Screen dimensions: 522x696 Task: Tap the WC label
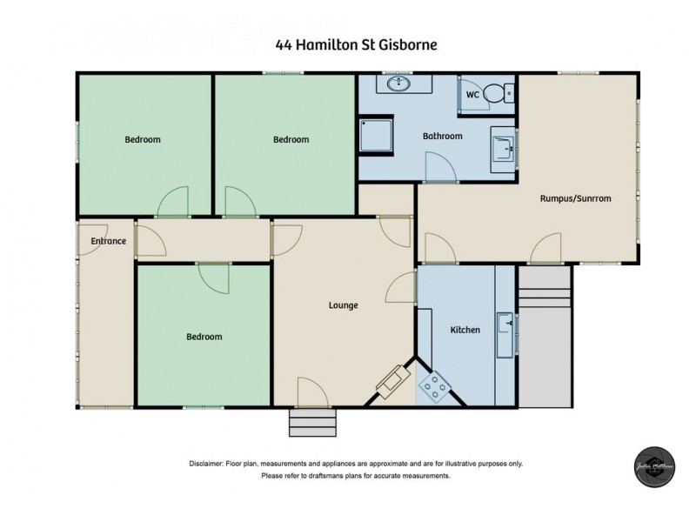tap(473, 94)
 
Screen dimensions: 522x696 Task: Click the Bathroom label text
tap(442, 137)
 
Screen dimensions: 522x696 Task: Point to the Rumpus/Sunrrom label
tap(575, 198)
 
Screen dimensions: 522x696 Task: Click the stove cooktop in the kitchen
tap(432, 387)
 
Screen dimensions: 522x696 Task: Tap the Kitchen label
tap(465, 330)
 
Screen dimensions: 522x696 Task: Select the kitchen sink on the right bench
tap(505, 333)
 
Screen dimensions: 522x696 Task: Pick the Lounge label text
tap(343, 305)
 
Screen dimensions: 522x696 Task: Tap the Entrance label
tap(108, 241)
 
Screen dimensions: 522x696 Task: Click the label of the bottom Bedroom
tap(204, 337)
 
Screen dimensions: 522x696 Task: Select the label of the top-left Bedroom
tap(143, 139)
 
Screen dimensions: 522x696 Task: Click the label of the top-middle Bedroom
tap(291, 139)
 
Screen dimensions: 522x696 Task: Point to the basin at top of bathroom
tap(399, 84)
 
